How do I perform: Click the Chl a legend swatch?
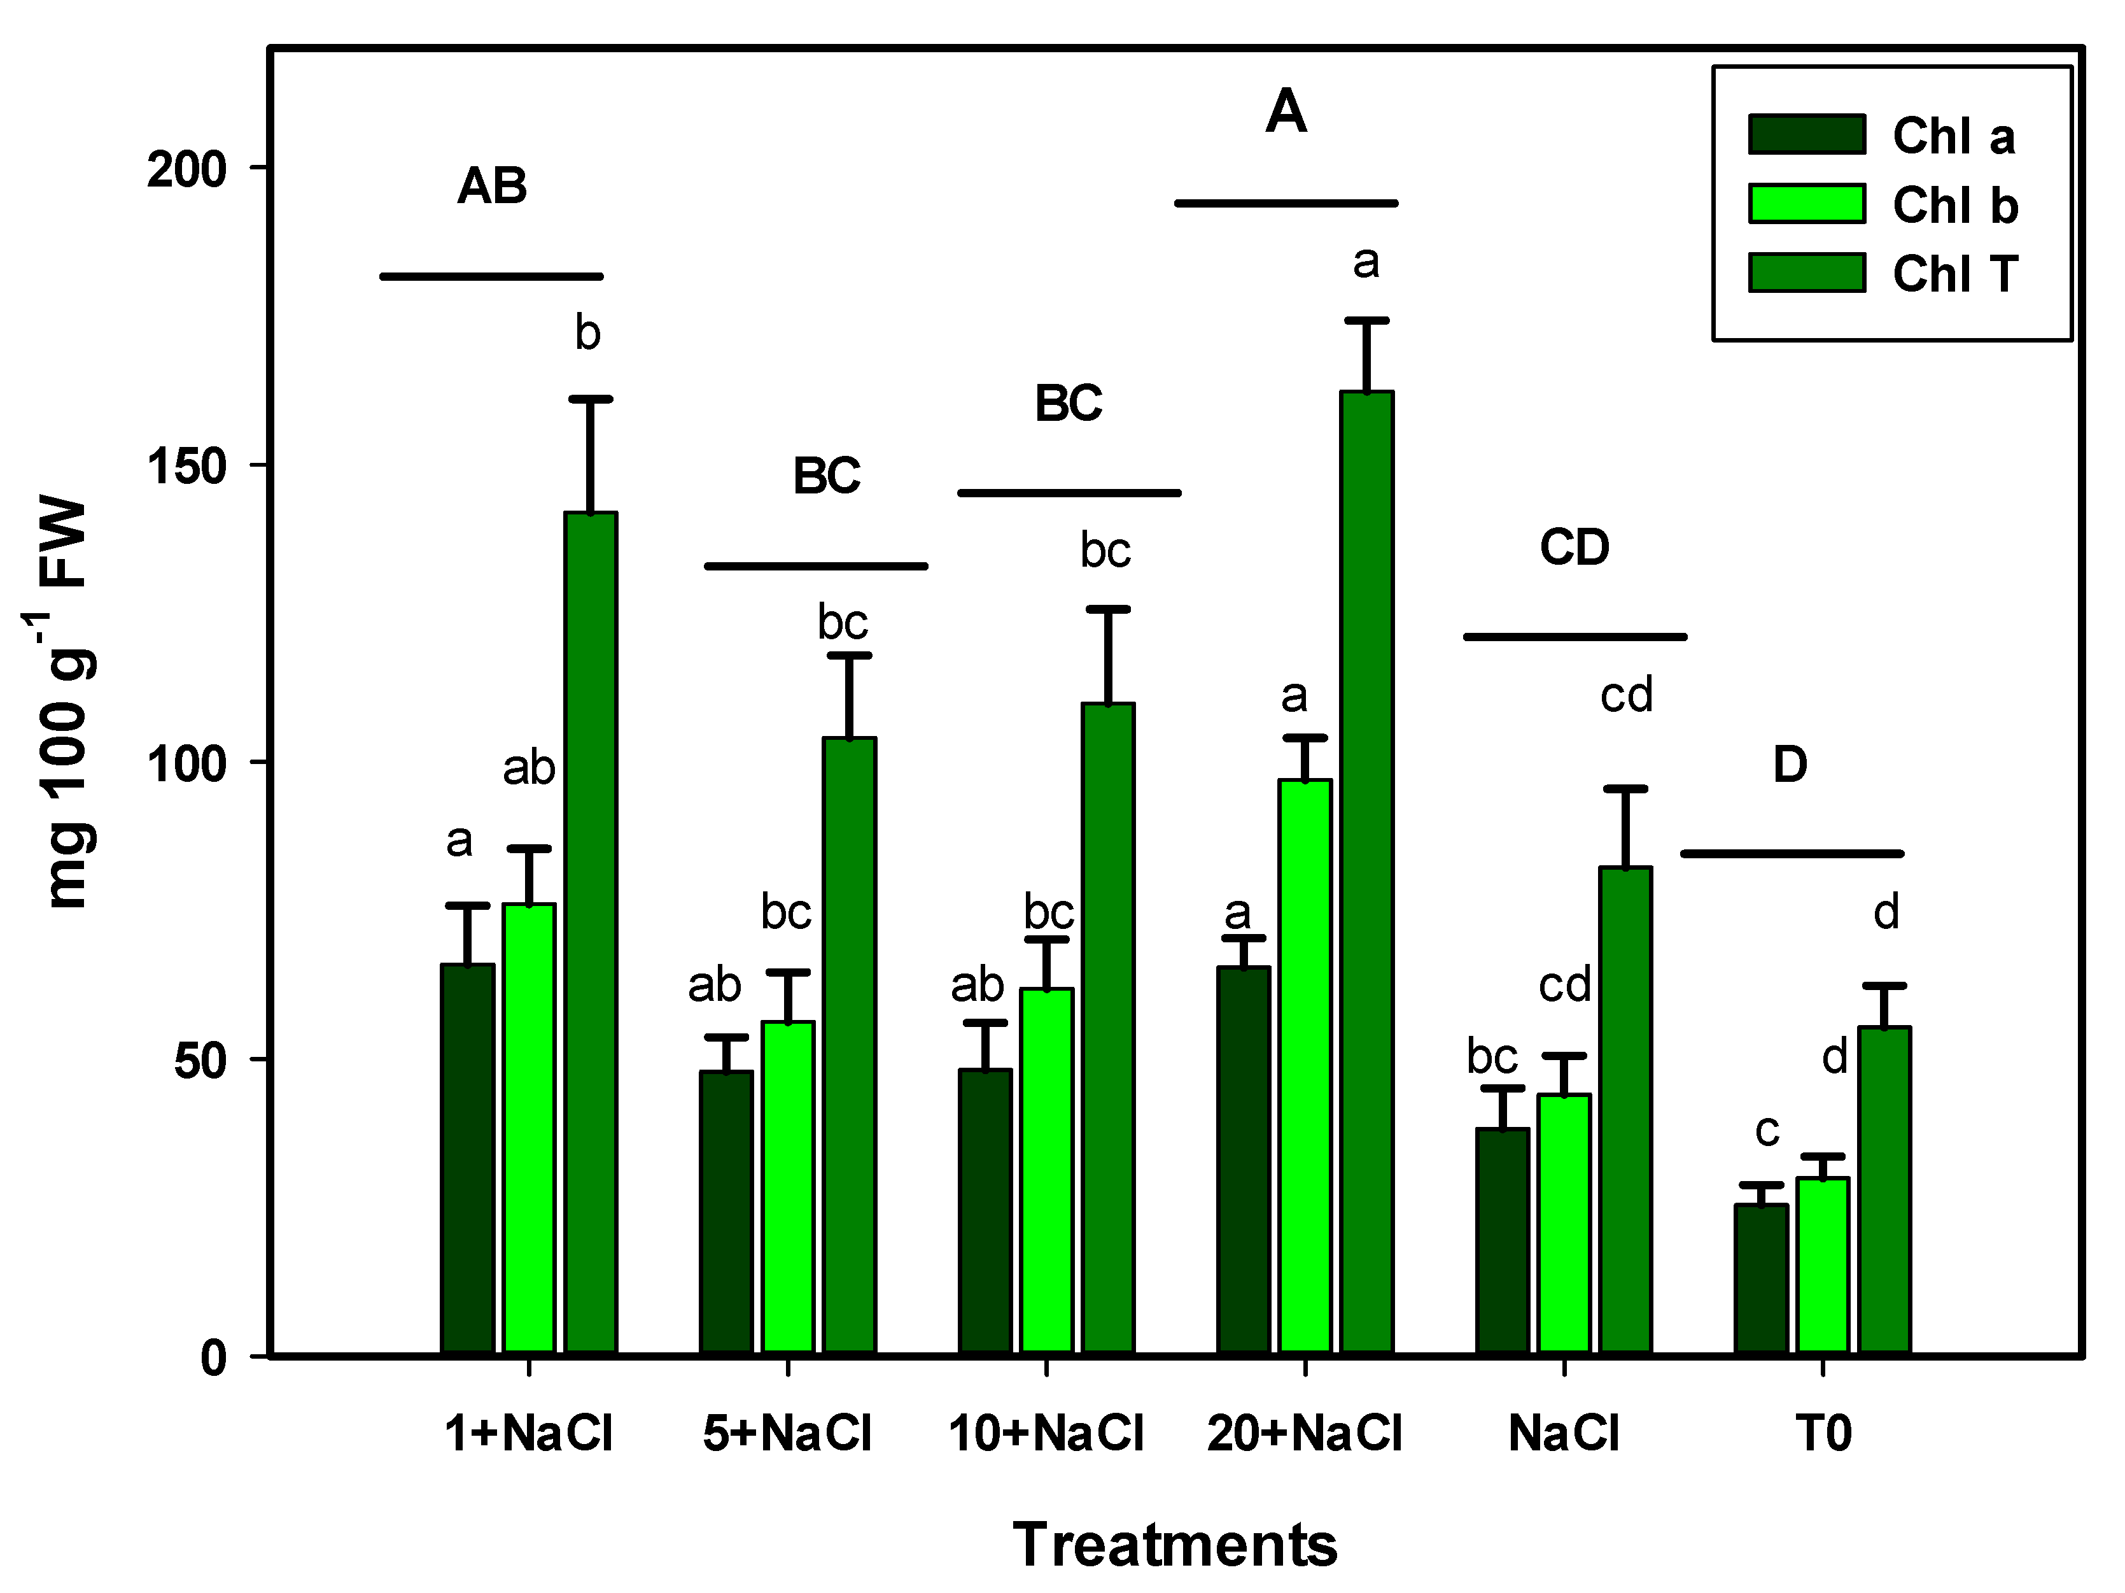1806,134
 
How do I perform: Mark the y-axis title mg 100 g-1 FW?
66,702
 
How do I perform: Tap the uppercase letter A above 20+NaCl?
1286,113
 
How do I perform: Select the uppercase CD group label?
1574,548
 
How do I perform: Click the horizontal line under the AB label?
492,277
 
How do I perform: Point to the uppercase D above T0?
1790,765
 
